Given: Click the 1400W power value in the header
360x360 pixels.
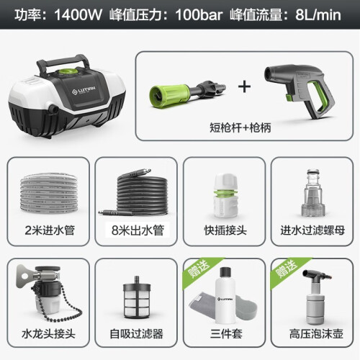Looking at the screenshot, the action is pyautogui.click(x=78, y=15).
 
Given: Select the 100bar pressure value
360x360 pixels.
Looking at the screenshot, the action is pyautogui.click(x=199, y=15).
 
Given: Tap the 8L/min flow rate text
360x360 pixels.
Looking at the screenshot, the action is pyautogui.click(x=318, y=15).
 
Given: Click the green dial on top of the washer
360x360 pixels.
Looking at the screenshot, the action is pyautogui.click(x=68, y=71).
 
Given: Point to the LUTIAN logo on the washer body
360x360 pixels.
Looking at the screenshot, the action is pyautogui.click(x=84, y=90).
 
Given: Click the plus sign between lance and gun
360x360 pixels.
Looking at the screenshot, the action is pyautogui.click(x=245, y=87).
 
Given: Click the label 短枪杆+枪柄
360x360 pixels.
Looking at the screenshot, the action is pyautogui.click(x=240, y=127).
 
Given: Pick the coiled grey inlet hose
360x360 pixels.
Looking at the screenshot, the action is pyautogui.click(x=49, y=193).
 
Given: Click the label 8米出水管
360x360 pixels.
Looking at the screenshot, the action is pyautogui.click(x=138, y=230).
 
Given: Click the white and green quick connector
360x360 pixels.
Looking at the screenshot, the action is pyautogui.click(x=225, y=196).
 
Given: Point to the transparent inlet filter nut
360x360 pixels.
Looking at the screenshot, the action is pyautogui.click(x=313, y=193).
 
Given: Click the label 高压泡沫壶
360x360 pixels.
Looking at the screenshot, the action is pyautogui.click(x=316, y=334).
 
